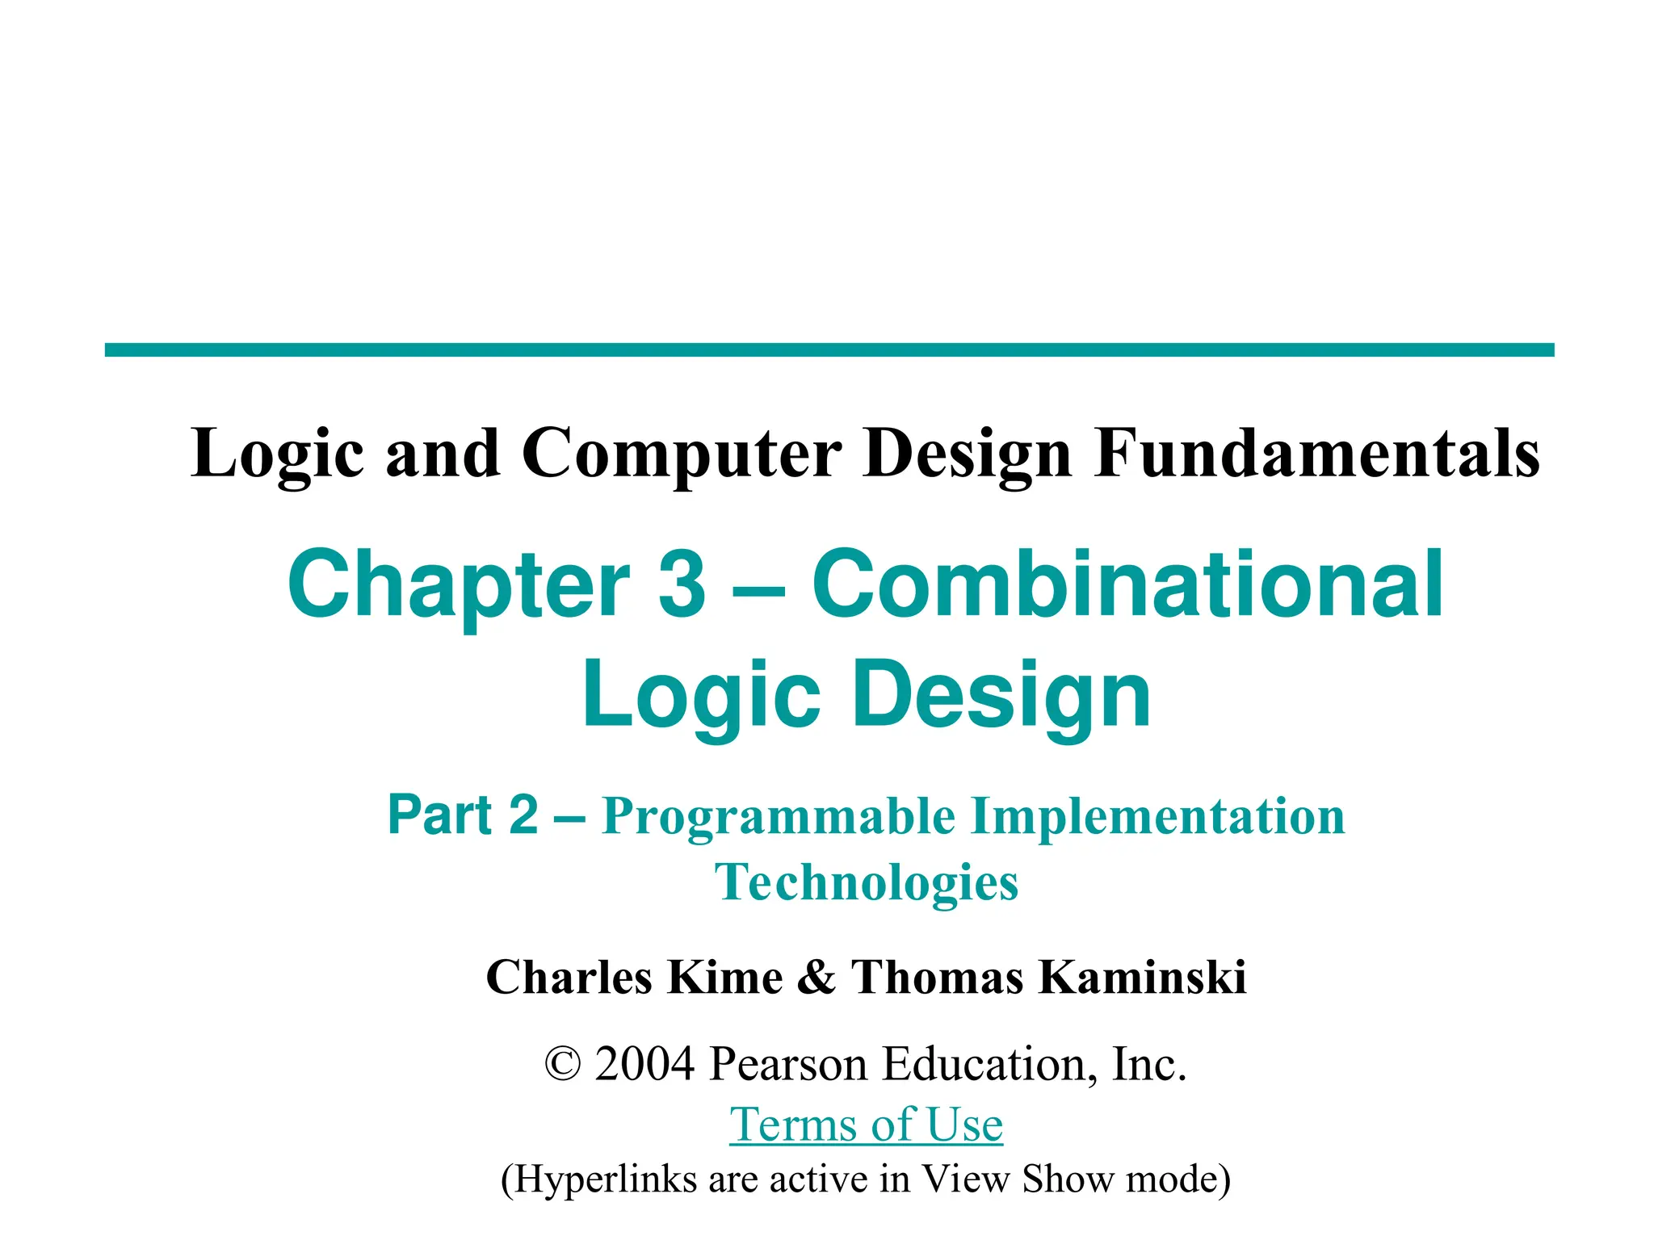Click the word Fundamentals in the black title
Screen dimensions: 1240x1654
click(1316, 454)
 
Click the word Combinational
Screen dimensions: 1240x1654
click(1127, 583)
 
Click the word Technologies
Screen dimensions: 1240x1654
click(867, 882)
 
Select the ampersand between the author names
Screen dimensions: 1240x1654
click(817, 977)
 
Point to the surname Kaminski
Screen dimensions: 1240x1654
click(1142, 977)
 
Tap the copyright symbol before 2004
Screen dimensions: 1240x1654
click(563, 1064)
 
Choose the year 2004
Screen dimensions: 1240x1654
click(644, 1064)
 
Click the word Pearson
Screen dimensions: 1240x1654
click(788, 1064)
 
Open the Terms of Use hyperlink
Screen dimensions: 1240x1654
click(866, 1124)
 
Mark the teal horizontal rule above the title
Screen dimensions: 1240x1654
click(829, 350)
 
